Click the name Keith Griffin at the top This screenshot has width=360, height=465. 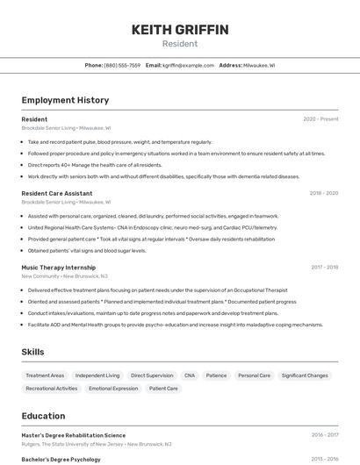click(180, 30)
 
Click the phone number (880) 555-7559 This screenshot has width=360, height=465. click(122, 65)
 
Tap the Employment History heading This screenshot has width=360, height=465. click(65, 100)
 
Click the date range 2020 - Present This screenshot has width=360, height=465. click(320, 119)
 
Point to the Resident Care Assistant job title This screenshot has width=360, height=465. click(56, 193)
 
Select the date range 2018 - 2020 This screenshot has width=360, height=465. click(323, 193)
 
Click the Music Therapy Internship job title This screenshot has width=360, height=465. click(58, 267)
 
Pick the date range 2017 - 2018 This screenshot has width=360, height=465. click(324, 267)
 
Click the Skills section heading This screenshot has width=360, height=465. click(33, 352)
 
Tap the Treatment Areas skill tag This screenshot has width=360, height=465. click(45, 376)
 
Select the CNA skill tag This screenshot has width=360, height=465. click(189, 376)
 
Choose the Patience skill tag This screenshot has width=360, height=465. click(216, 376)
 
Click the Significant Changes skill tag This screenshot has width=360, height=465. click(305, 376)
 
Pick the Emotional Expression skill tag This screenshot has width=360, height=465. click(113, 388)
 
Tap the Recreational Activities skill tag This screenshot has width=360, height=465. click(52, 388)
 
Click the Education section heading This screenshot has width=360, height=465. click(43, 417)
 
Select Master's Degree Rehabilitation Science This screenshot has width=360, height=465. click(73, 435)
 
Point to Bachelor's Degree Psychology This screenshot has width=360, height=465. click(61, 459)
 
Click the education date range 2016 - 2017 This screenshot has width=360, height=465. click(324, 435)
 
